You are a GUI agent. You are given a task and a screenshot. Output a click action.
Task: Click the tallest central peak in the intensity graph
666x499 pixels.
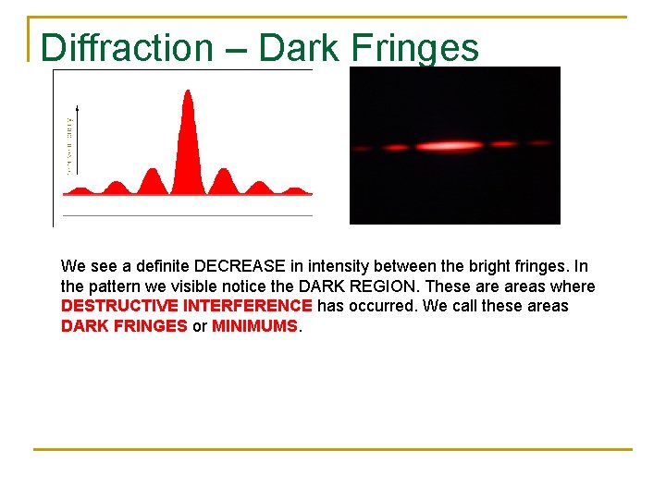188,139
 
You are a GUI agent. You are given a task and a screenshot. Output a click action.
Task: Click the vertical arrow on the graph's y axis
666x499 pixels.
77,139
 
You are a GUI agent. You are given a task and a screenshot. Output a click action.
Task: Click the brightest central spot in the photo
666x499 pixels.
450,145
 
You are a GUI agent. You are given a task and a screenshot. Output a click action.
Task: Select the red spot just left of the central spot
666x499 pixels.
396,147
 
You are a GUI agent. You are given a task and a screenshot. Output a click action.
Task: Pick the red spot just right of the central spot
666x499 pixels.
503,144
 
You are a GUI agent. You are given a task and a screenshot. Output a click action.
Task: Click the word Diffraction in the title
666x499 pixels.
127,47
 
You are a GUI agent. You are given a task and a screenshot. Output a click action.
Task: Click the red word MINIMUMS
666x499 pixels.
254,325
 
